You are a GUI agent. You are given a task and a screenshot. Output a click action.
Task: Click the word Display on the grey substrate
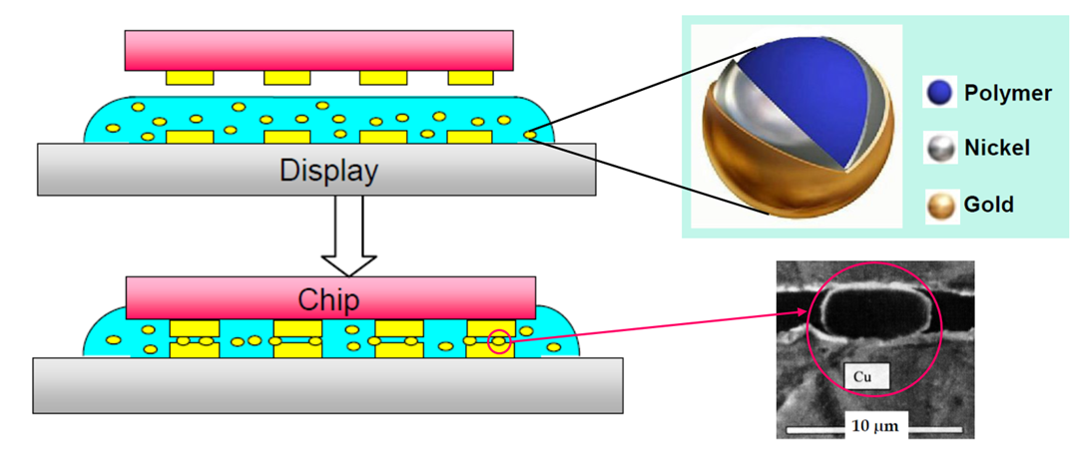(x=328, y=171)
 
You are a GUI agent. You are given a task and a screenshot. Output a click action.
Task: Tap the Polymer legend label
(x=1007, y=94)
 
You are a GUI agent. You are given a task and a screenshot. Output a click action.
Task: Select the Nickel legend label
(x=998, y=149)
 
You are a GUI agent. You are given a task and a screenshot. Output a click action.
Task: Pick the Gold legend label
(x=989, y=205)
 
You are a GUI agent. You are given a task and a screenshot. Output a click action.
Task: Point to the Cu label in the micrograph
(x=865, y=375)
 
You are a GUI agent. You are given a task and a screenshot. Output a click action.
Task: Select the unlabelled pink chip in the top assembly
(x=319, y=51)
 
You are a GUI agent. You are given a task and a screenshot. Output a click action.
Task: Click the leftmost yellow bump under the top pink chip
(x=190, y=77)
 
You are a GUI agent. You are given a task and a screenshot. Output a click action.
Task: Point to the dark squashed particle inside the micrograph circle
(x=873, y=309)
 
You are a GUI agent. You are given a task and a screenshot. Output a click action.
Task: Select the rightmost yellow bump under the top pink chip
(x=471, y=77)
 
